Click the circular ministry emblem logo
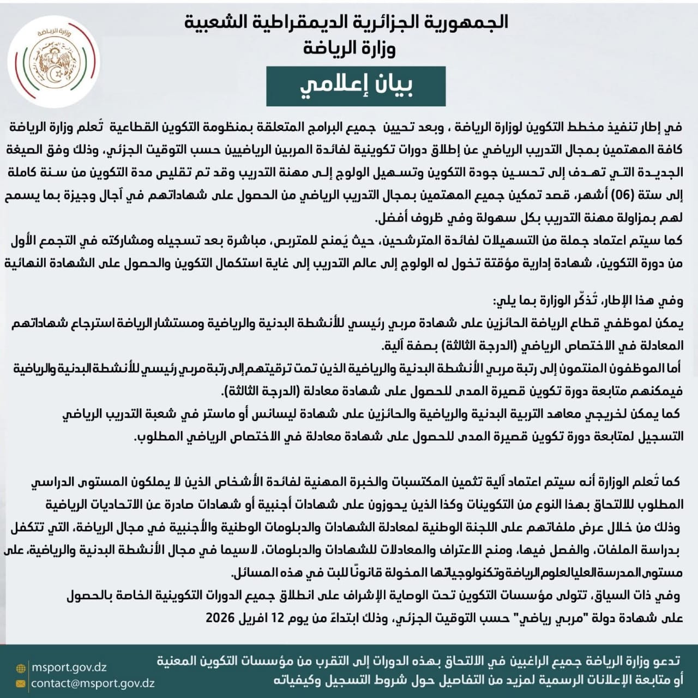53,62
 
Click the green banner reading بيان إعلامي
356,86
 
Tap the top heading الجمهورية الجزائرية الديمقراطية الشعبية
346,22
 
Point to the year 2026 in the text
220,618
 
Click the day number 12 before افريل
278,618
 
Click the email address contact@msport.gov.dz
93,683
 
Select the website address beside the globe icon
69,667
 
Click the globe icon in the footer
21,668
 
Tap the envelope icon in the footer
21,683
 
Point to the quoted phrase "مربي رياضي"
480,618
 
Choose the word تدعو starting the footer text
666,661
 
